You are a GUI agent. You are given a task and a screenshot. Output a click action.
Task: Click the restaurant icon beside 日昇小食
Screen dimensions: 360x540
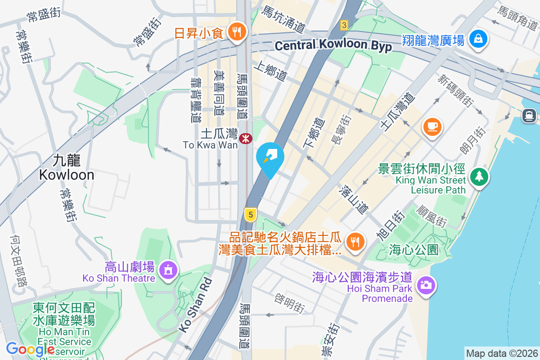[236, 32]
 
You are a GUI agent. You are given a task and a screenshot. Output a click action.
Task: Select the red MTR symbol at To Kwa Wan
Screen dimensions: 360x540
[245, 139]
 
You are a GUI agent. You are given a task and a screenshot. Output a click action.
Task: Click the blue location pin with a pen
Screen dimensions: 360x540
[270, 158]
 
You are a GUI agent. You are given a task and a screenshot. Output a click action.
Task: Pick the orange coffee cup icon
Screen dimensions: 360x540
[432, 126]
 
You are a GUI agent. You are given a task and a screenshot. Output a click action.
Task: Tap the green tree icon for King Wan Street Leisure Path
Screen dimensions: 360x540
[480, 176]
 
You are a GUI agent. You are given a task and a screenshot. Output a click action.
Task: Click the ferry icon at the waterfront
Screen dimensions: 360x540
[529, 116]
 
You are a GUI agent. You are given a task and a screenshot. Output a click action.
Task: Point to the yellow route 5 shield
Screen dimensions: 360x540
[251, 215]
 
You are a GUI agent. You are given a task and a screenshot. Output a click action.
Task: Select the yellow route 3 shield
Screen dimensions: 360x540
[344, 25]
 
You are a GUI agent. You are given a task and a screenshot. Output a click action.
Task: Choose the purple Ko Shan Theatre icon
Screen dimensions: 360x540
[169, 270]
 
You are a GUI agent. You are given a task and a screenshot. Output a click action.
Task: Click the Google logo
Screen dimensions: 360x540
[30, 349]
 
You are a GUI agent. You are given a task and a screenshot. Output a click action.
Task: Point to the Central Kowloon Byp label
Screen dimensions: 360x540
[333, 45]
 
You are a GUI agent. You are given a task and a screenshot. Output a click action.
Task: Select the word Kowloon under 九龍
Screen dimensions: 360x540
[67, 175]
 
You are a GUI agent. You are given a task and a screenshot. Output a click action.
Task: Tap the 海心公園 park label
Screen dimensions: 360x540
[414, 250]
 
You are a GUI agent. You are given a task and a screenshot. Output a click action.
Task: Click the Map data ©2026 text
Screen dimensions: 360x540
[502, 353]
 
